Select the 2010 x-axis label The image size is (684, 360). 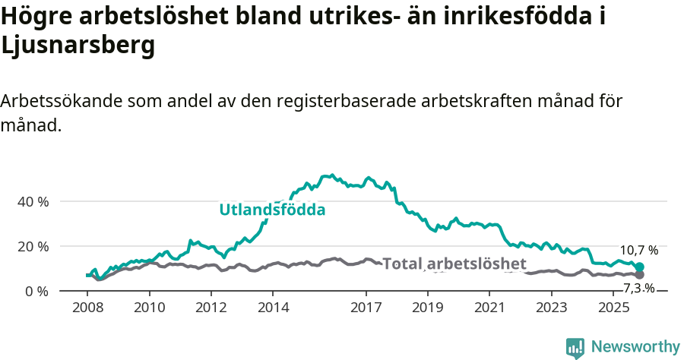149,308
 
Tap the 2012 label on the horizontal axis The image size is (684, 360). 211,308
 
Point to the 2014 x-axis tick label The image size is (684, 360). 273,308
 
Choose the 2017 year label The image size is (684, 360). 366,308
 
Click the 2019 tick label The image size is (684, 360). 428,308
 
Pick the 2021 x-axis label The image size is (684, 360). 490,308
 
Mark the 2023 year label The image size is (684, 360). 553,308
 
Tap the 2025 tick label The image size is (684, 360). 614,308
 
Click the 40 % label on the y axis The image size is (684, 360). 33,202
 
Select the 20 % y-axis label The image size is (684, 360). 33,247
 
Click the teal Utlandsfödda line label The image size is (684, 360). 272,210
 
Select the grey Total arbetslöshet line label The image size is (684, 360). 454,264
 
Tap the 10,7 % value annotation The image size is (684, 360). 638,250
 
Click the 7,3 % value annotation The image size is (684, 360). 638,288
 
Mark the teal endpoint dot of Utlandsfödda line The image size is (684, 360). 639,267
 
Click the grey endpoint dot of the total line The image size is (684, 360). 639,275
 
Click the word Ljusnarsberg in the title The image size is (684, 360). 78,46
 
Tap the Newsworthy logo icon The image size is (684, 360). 575,347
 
